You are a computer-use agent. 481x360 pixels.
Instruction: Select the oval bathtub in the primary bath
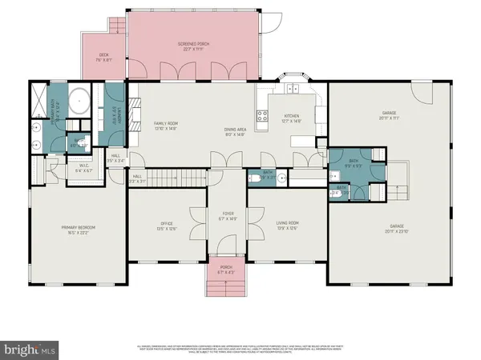79,102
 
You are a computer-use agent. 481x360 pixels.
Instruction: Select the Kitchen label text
291,118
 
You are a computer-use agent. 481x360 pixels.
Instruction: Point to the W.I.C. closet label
83,168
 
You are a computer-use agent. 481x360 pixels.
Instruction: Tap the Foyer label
228,217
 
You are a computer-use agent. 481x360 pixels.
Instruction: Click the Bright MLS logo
30,350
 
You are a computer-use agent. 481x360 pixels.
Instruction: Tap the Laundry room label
112,114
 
